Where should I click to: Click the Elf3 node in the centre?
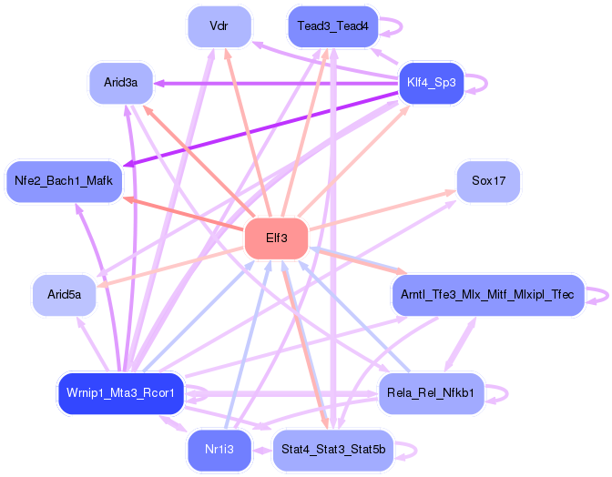point(277,238)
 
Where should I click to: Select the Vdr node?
point(219,26)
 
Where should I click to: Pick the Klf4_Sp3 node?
point(432,83)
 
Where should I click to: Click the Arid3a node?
point(120,83)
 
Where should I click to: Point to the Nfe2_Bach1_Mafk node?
point(64,181)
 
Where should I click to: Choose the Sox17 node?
point(488,181)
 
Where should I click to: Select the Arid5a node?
point(64,295)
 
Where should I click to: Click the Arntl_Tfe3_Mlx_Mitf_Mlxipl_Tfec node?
point(487,295)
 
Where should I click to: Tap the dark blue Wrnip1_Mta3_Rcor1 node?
point(120,393)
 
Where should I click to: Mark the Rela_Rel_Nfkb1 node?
point(432,393)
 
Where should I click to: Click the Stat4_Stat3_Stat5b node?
point(332,450)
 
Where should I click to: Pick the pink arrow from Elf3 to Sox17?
point(382,211)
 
